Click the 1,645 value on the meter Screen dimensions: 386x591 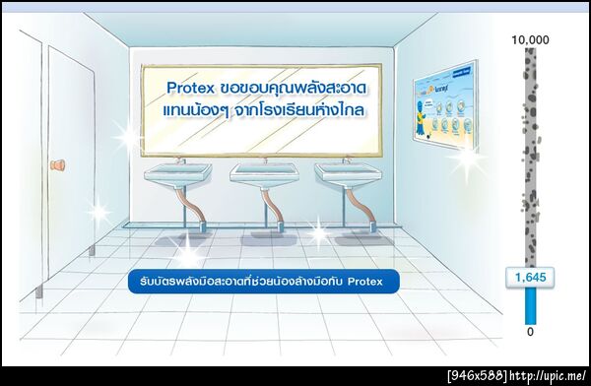click(530, 280)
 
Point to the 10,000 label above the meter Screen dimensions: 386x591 click(530, 39)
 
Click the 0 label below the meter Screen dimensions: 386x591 click(530, 332)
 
